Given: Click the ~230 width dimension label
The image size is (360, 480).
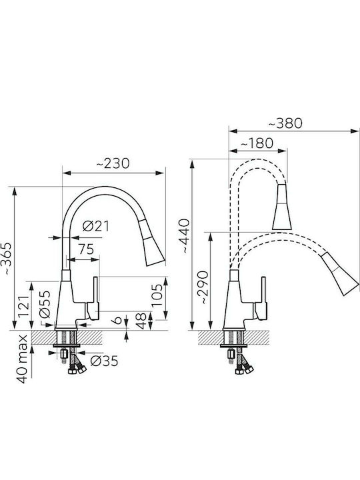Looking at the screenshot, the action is (113, 164).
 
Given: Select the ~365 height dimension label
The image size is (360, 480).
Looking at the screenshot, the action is (7, 259).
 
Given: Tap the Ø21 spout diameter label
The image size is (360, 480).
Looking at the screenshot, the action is (96, 226).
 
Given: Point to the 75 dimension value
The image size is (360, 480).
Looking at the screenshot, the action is (86, 249).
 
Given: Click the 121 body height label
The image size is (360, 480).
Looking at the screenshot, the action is (24, 307).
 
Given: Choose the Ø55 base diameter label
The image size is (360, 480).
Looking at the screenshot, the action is (45, 304).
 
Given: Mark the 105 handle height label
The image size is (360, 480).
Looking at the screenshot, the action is (157, 295).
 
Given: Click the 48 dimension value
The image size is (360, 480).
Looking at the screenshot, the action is (141, 321).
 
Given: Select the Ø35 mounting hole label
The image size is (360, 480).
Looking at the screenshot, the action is (104, 361).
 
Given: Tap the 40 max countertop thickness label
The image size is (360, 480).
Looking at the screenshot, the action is (23, 359).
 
